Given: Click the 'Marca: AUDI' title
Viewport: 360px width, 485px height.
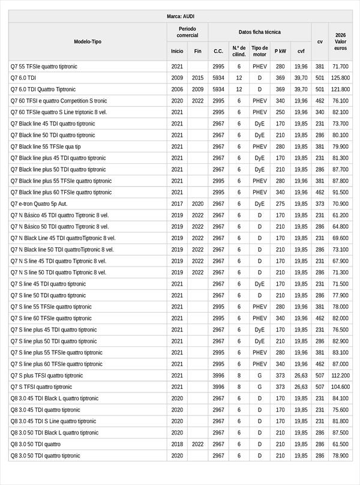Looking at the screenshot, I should click(x=180, y=16).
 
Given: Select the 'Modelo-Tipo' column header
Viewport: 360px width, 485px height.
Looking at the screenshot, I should click(x=88, y=42).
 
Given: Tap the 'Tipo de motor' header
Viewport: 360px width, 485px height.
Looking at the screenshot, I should click(x=260, y=51).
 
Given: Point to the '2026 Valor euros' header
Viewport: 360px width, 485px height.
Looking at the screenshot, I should click(x=341, y=42).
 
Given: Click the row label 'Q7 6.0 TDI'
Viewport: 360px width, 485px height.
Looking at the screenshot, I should click(x=24, y=78).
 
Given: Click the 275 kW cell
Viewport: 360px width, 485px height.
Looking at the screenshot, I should click(x=280, y=204).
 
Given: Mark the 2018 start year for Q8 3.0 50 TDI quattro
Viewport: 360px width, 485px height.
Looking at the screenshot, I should click(x=177, y=444).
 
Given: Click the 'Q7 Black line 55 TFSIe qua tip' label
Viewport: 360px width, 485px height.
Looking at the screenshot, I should click(x=46, y=146).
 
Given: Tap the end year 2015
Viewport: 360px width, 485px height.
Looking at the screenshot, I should click(x=198, y=78).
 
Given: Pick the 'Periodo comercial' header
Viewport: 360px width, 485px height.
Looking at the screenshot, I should click(x=187, y=32).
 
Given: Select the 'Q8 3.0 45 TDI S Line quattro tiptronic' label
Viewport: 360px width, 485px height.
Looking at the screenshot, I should click(x=53, y=421).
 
